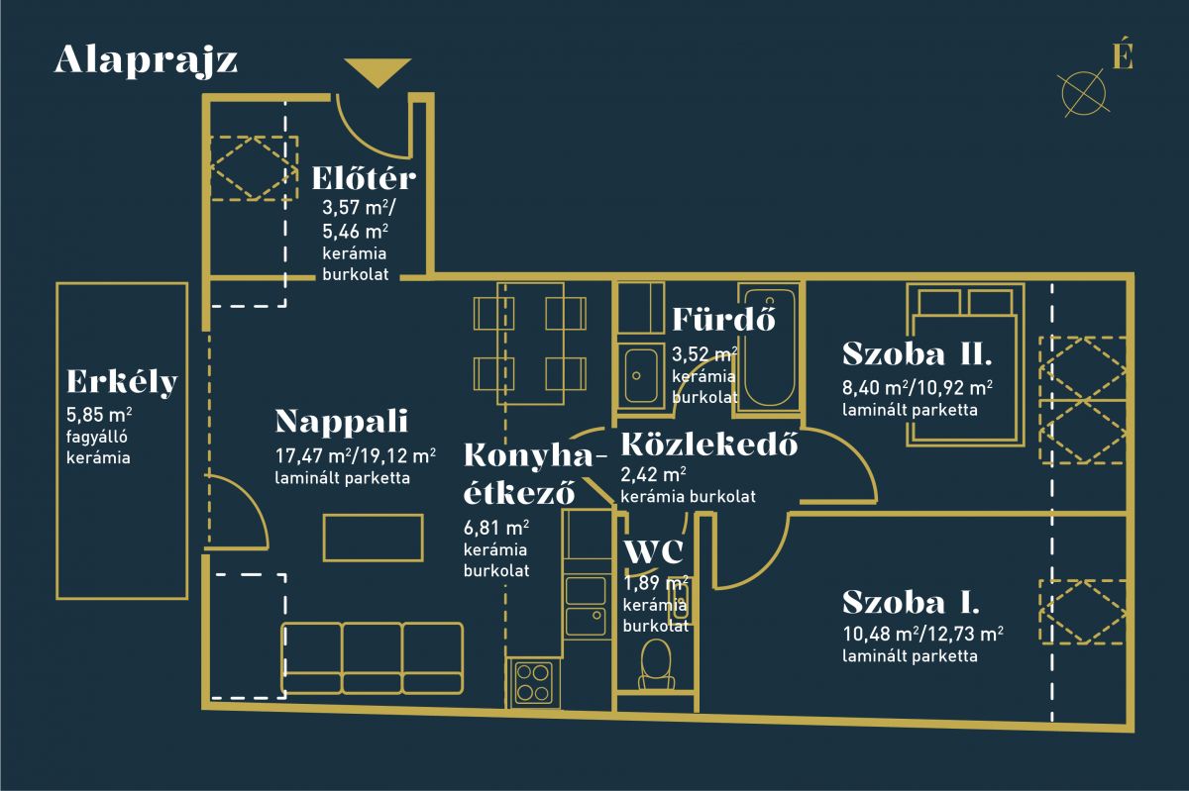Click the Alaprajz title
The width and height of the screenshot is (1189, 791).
(x=146, y=61)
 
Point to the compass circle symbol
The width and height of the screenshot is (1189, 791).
(x=1083, y=94)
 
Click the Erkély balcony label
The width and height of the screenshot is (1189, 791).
(x=122, y=381)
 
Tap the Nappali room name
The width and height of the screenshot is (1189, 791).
(x=341, y=422)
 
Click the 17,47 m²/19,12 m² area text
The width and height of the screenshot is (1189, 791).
(x=355, y=455)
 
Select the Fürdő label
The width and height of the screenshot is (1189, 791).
(x=724, y=319)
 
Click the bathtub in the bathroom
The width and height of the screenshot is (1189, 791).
(x=769, y=347)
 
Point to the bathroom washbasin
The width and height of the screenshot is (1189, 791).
(x=641, y=375)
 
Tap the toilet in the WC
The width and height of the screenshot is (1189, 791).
(x=656, y=664)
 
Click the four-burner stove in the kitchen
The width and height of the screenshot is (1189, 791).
(x=533, y=683)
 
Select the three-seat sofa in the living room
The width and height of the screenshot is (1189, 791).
(x=373, y=657)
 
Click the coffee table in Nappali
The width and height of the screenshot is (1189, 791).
(x=374, y=538)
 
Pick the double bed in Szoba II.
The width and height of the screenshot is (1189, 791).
(x=965, y=364)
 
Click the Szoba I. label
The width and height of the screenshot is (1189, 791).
(x=911, y=603)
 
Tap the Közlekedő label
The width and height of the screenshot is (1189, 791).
(x=709, y=445)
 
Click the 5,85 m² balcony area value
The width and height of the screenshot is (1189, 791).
(x=99, y=415)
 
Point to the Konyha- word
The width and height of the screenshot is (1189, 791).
(x=535, y=455)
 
